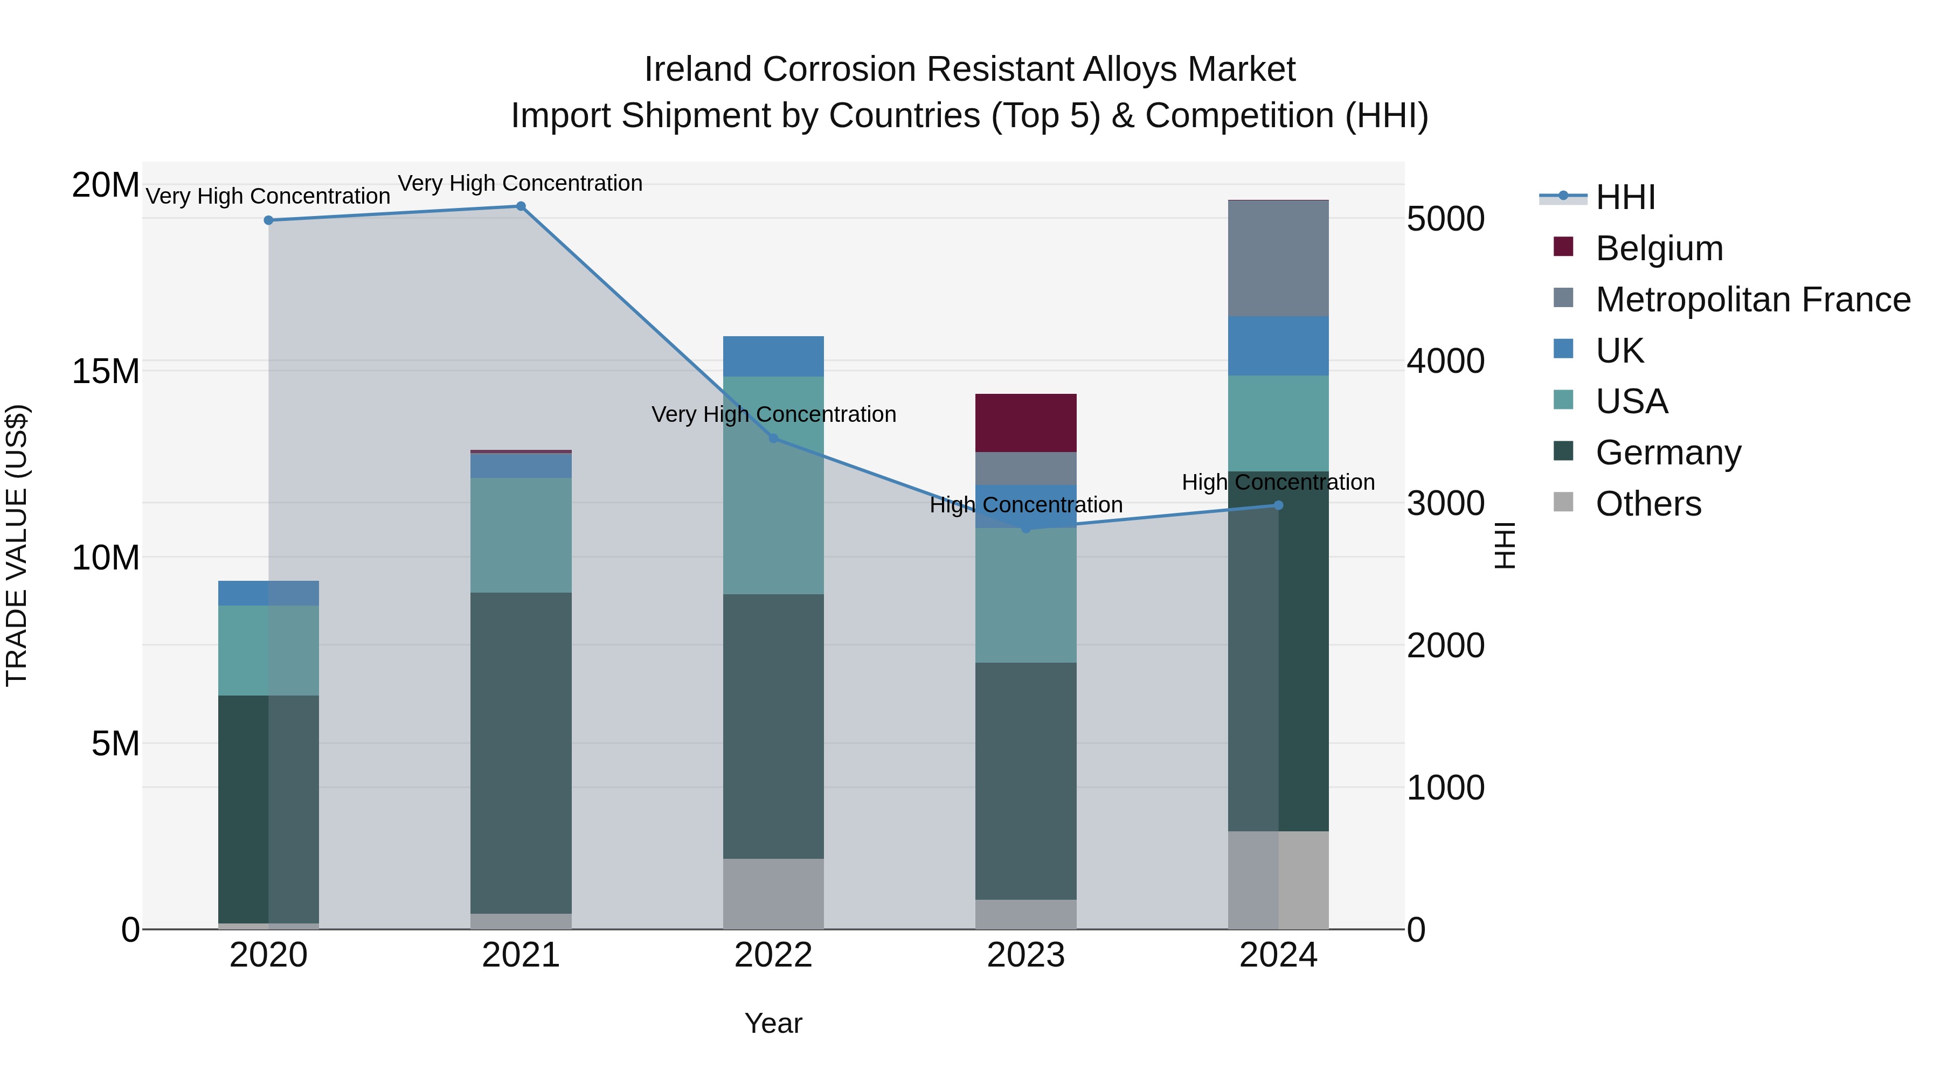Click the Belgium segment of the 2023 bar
(x=1026, y=422)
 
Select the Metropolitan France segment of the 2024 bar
(x=1278, y=258)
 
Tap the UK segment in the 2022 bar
(x=773, y=356)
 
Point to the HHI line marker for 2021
(x=521, y=206)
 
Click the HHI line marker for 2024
(x=1278, y=505)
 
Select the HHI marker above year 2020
(x=269, y=220)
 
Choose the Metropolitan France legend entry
(x=1752, y=300)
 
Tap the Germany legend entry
(x=1667, y=453)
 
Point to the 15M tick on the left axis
(x=106, y=371)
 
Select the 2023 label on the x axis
(x=1026, y=955)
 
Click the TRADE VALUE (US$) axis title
(x=17, y=545)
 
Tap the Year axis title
(x=773, y=1023)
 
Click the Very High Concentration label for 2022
(x=773, y=414)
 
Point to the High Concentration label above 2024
(x=1278, y=482)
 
